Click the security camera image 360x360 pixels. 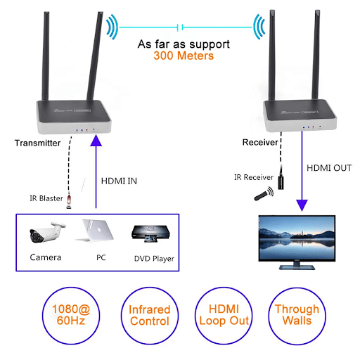coord(47,233)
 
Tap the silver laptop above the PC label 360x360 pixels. coord(96,231)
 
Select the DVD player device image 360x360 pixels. coord(150,233)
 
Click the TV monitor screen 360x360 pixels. coord(297,238)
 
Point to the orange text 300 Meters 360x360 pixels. coord(184,56)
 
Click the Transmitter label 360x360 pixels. coord(37,143)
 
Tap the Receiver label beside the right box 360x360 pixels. coord(260,142)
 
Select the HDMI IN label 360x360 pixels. coord(119,181)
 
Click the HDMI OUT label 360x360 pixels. coord(329,168)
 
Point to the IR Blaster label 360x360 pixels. coord(46,198)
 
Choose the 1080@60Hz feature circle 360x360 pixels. coord(71,316)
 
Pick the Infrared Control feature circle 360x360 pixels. coord(150,316)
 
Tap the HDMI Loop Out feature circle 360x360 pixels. coord(224,316)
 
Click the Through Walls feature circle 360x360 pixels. coord(297,316)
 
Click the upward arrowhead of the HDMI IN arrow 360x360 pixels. coord(96,140)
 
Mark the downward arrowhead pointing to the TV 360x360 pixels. coord(302,205)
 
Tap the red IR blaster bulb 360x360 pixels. coord(69,200)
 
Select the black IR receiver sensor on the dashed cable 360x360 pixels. coord(281,182)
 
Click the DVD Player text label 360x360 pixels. coord(154,259)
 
